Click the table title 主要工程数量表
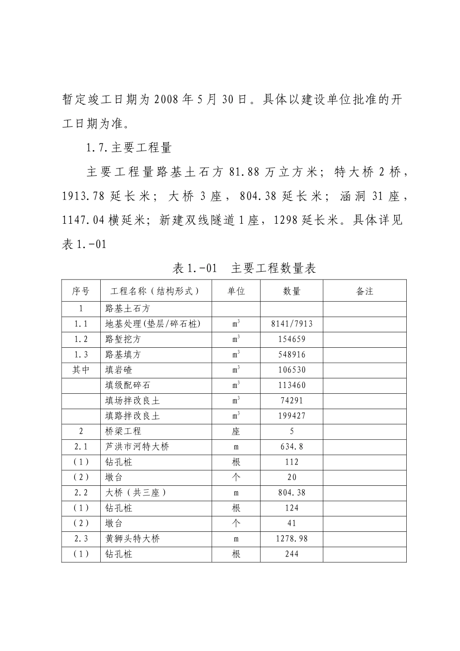(274, 268)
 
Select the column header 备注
(365, 291)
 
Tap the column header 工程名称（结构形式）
(155, 291)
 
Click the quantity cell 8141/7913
(291, 324)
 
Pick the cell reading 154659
(291, 339)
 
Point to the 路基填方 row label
(123, 355)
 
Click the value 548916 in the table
(291, 355)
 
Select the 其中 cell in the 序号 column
(81, 370)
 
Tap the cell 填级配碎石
(128, 386)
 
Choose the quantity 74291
(291, 401)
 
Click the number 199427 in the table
(291, 416)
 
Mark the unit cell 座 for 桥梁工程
(236, 431)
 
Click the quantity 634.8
(291, 447)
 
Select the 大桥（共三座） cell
(136, 493)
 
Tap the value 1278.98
(291, 539)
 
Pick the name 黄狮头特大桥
(133, 539)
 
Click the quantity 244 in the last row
(291, 554)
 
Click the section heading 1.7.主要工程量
(129, 147)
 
